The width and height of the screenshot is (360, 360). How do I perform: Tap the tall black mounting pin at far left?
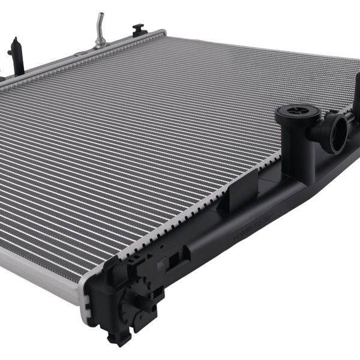click(x=17, y=56)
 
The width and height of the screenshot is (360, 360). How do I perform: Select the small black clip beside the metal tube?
click(x=139, y=29)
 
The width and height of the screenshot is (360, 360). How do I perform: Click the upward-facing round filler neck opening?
click(x=291, y=113)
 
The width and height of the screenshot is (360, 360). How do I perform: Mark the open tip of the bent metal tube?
click(x=100, y=14)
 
